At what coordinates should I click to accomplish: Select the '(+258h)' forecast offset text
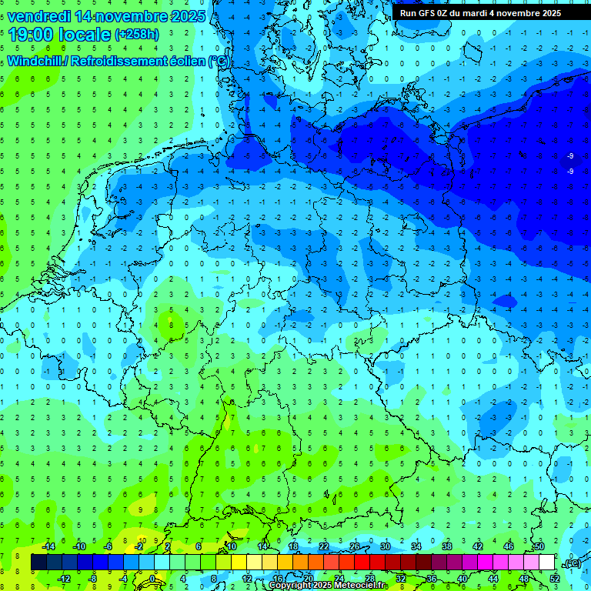(137, 35)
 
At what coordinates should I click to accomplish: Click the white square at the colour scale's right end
(546, 563)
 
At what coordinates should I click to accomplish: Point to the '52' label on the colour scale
(554, 578)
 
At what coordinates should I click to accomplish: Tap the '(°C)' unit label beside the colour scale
(572, 563)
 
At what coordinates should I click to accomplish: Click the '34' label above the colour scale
(416, 546)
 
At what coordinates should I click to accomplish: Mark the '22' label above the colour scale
(324, 546)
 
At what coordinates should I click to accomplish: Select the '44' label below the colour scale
(492, 578)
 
